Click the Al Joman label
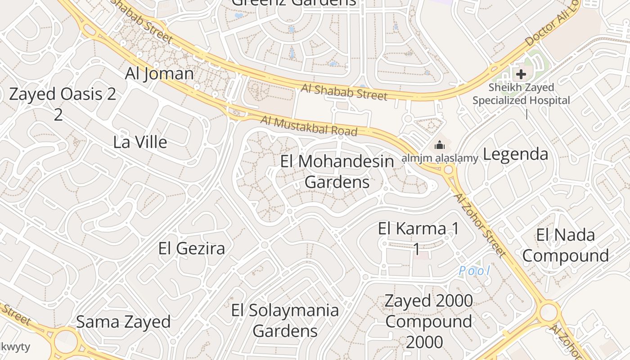(x=159, y=73)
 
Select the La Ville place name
(x=140, y=142)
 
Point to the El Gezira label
(x=192, y=248)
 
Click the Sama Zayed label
(x=123, y=322)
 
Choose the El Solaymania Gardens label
(x=285, y=320)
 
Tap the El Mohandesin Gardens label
(x=337, y=171)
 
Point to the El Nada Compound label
(x=566, y=245)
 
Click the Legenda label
(x=515, y=154)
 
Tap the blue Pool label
(x=474, y=271)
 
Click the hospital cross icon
(x=521, y=74)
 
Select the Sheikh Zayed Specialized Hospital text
(x=521, y=94)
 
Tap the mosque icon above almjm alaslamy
(x=439, y=145)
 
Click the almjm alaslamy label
(x=440, y=158)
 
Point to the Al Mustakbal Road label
(x=309, y=126)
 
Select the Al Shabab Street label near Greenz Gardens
(x=344, y=92)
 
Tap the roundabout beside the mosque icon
(x=448, y=170)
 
